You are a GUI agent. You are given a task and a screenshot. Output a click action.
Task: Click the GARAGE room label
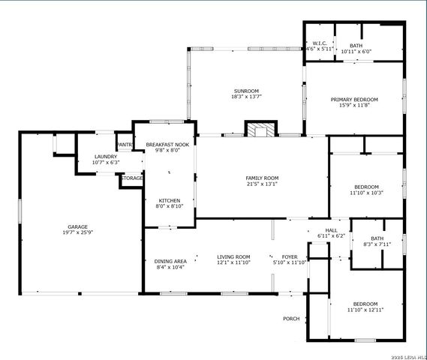(78, 226)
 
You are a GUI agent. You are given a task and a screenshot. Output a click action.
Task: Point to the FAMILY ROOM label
(262, 178)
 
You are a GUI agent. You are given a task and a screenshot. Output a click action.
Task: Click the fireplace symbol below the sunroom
(260, 130)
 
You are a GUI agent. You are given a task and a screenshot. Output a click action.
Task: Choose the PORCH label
(291, 319)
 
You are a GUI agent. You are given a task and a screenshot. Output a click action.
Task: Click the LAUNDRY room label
(95, 156)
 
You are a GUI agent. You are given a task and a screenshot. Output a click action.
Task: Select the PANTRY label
(125, 144)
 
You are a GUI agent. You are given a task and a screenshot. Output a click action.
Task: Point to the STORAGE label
(132, 178)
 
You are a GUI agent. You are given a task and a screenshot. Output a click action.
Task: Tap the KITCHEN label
(169, 200)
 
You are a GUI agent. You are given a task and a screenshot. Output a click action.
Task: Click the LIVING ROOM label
(233, 256)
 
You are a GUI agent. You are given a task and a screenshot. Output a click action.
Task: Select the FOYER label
(289, 256)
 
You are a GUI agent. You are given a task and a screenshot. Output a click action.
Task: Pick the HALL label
(330, 230)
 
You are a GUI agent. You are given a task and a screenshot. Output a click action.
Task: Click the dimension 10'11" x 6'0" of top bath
(356, 52)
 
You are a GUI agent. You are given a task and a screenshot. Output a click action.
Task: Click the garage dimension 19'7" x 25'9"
(78, 232)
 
